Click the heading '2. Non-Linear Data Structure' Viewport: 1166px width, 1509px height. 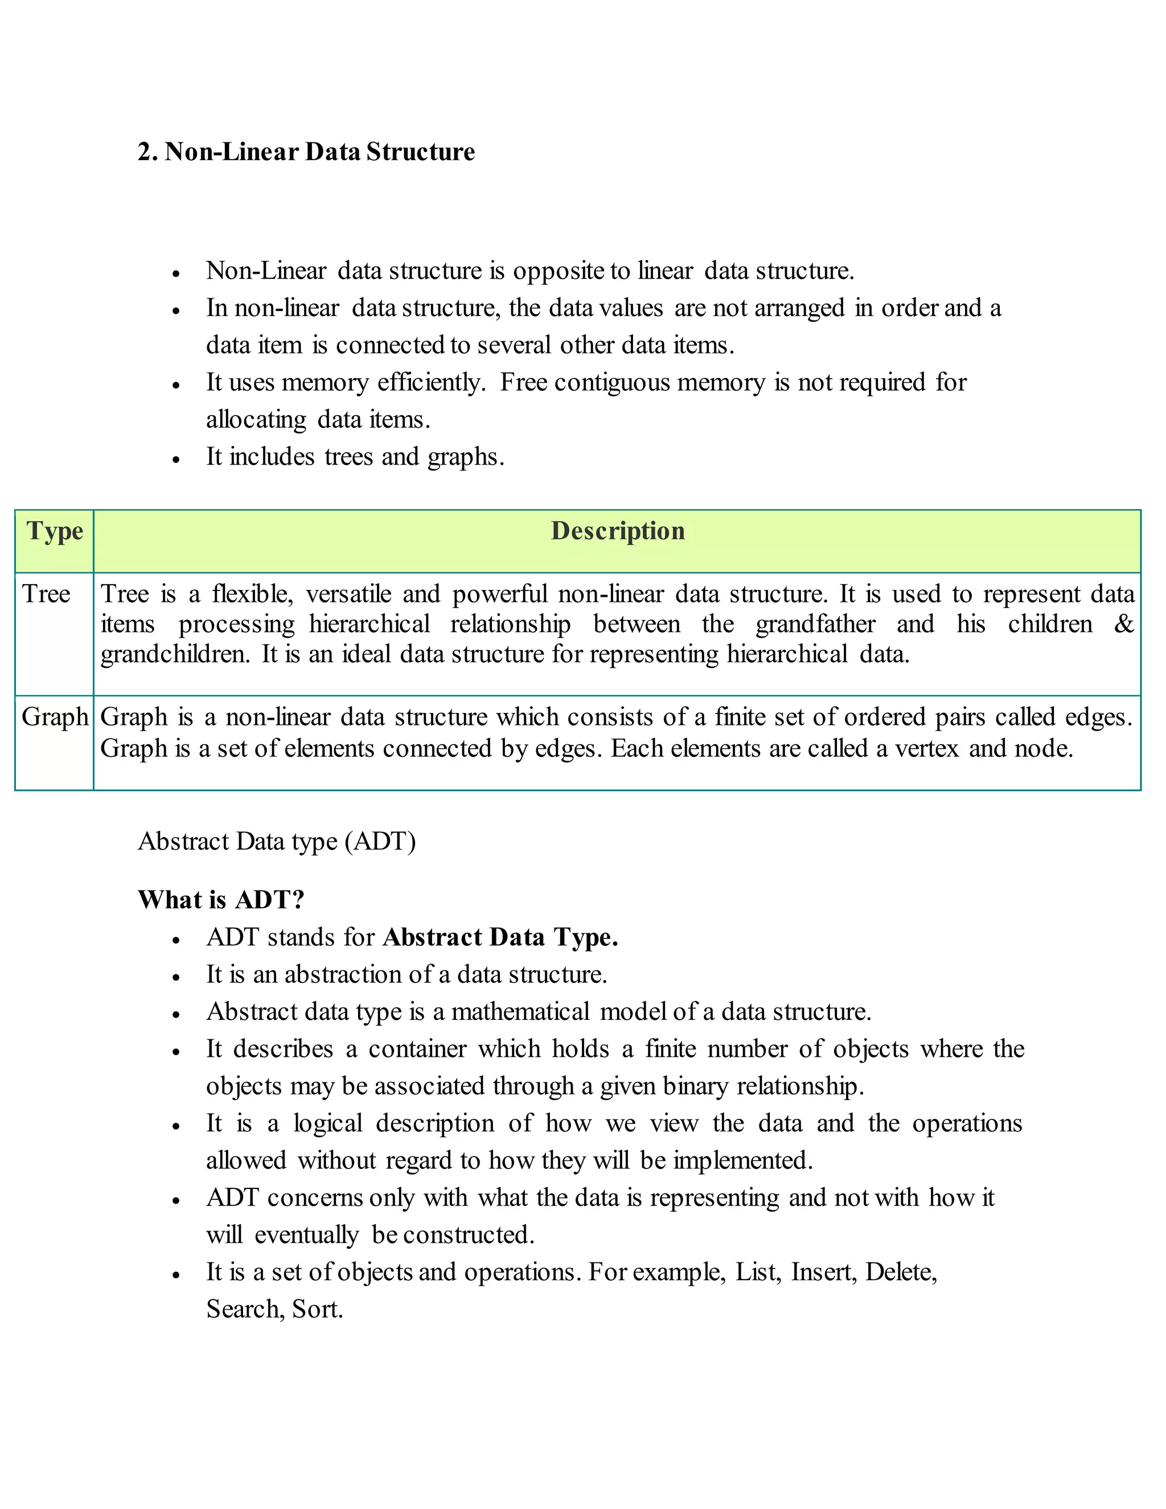point(306,152)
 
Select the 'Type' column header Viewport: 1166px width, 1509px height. point(55,531)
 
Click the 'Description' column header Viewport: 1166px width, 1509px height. point(618,531)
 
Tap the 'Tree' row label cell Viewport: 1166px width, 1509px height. point(46,594)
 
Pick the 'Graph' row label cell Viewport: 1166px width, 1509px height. point(55,717)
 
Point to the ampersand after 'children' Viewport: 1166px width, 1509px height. point(1124,625)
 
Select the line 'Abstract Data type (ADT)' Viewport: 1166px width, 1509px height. point(276,842)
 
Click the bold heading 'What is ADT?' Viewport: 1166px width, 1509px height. point(221,900)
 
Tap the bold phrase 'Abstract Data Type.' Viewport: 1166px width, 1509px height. point(500,938)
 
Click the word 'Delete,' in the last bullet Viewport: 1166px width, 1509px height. point(901,1272)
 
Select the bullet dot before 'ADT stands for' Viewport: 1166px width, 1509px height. point(177,940)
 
